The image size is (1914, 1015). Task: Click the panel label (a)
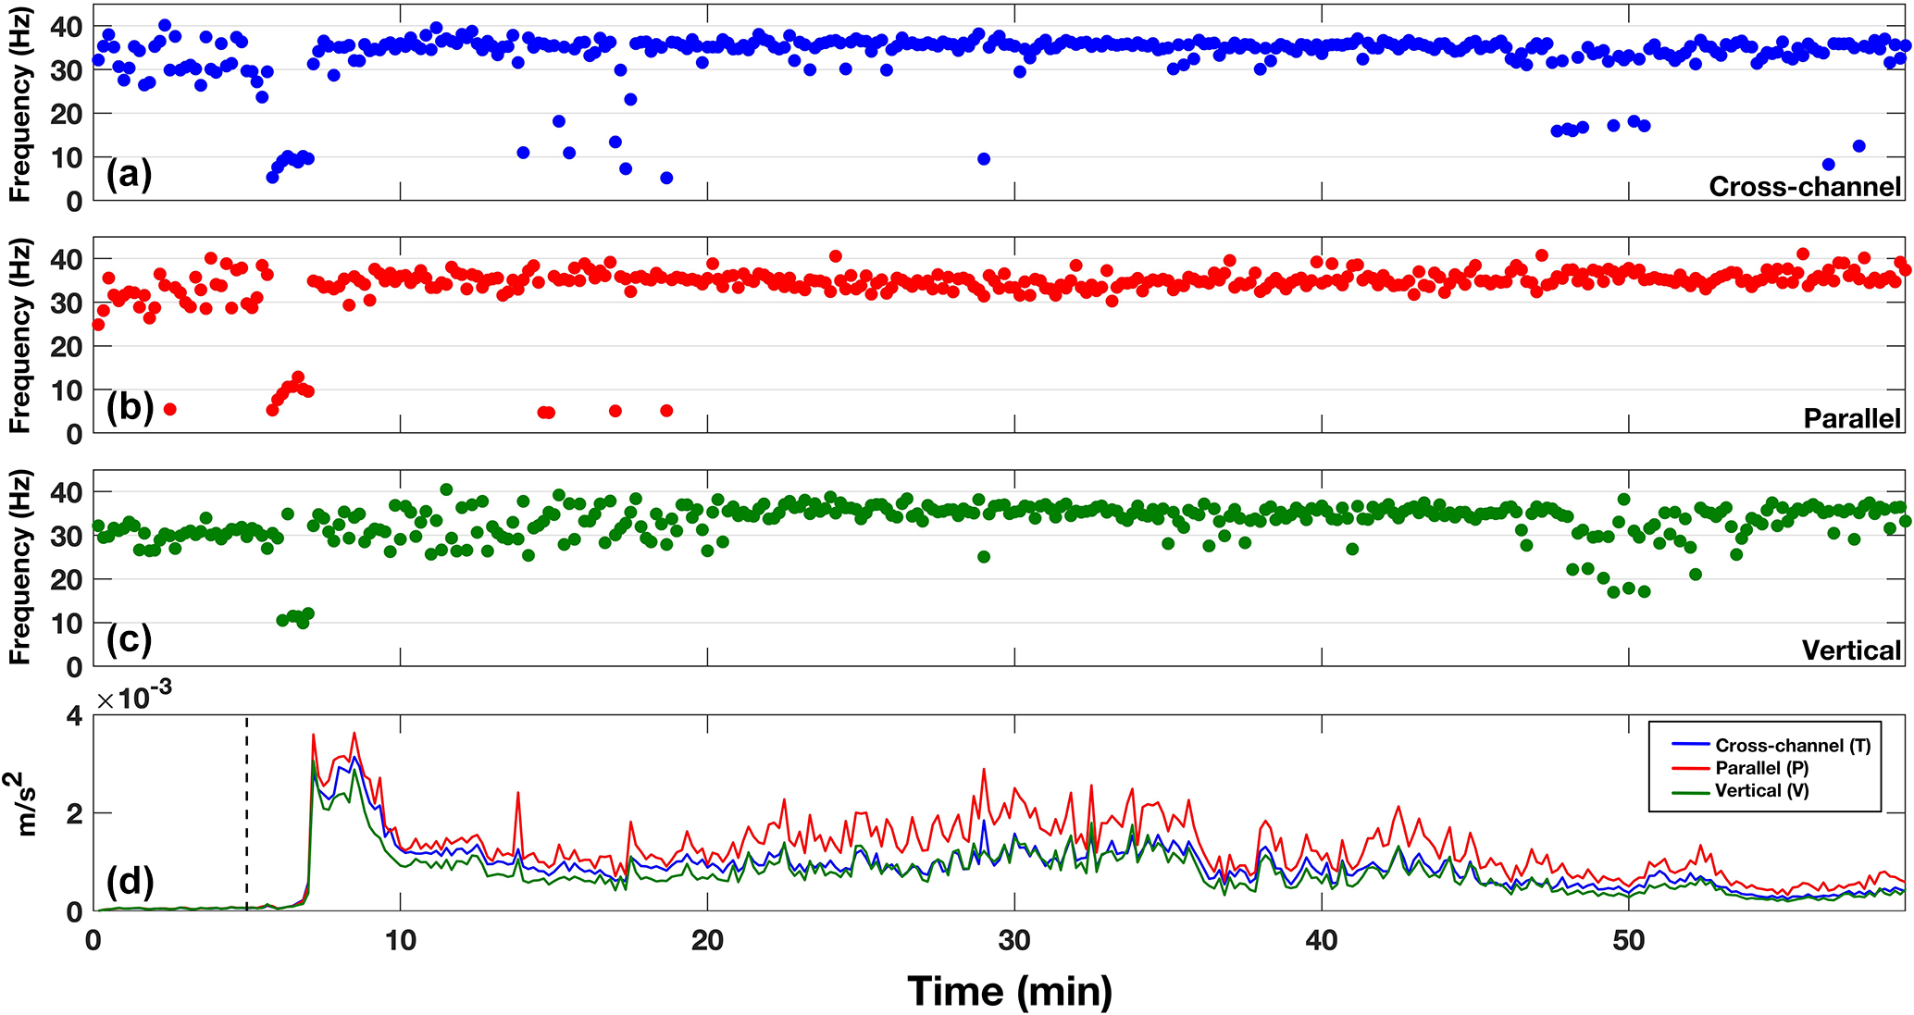(129, 174)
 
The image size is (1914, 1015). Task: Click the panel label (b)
(129, 406)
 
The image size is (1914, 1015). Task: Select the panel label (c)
(129, 639)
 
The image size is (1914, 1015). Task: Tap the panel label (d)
(129, 882)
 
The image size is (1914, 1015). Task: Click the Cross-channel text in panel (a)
(1804, 187)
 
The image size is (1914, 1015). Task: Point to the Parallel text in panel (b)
(1852, 418)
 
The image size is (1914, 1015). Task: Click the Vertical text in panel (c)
(1851, 650)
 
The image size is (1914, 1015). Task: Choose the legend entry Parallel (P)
(1762, 768)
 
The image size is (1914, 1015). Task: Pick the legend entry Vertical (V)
(1761, 791)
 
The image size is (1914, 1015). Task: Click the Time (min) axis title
(1010, 991)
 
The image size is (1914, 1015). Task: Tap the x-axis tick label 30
(1014, 940)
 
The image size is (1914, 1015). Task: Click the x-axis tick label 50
(1628, 940)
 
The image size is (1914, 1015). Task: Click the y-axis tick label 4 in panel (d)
(74, 716)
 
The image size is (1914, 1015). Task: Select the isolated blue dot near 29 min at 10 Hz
(984, 159)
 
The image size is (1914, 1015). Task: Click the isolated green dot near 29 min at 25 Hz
(984, 557)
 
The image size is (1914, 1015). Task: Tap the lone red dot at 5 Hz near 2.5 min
(169, 409)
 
